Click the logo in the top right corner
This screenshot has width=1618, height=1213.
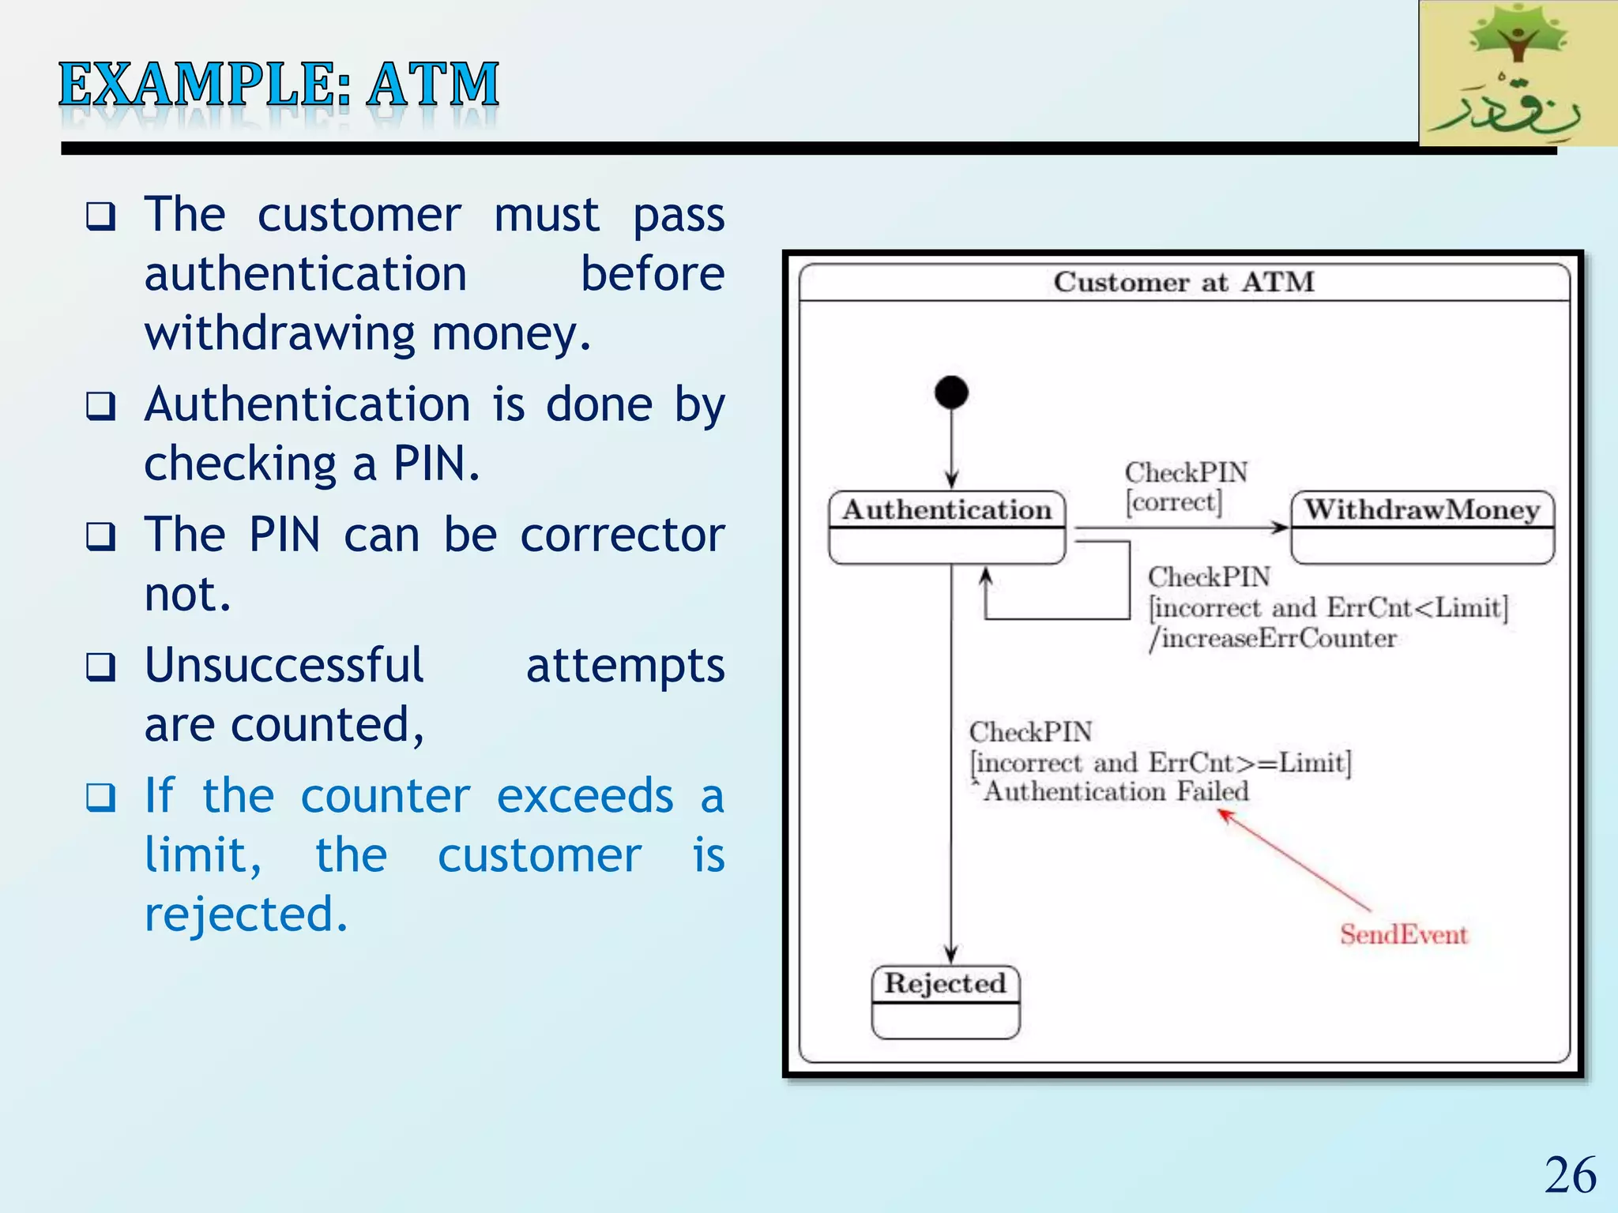tap(1518, 73)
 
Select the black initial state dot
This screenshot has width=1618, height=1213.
tap(951, 392)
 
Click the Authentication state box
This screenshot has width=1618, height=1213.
tap(947, 527)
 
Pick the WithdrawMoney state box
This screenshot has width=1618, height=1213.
tap(1422, 527)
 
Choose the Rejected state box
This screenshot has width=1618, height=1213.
tap(946, 1001)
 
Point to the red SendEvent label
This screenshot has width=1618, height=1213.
tap(1403, 934)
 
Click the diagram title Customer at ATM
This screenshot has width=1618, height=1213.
tap(1183, 282)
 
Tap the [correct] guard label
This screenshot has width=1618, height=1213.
tap(1174, 502)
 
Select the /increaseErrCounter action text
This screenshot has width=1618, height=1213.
tap(1273, 638)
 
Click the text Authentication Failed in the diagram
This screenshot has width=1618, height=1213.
tap(1116, 791)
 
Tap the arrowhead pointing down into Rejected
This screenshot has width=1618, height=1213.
tap(951, 955)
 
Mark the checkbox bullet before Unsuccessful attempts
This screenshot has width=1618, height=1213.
tap(101, 667)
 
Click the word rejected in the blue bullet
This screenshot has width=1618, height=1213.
tap(246, 914)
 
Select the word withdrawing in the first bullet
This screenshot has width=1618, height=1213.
tap(280, 333)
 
